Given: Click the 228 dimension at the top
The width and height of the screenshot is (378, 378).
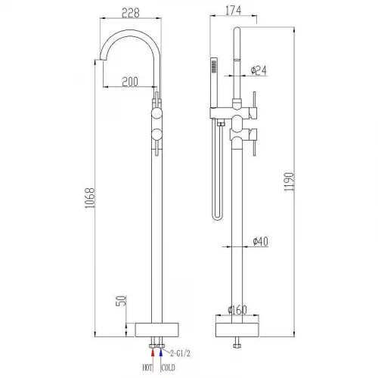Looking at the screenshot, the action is click(131, 13).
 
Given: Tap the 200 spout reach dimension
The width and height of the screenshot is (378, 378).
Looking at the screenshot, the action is click(130, 82).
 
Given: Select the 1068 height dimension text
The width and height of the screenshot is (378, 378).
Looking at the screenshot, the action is click(90, 198).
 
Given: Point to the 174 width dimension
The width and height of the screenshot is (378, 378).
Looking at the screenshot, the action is click(233, 11).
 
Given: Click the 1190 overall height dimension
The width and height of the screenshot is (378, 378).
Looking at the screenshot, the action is click(289, 181).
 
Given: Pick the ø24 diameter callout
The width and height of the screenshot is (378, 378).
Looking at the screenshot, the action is click(259, 70).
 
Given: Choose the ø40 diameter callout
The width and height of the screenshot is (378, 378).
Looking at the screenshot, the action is click(261, 241).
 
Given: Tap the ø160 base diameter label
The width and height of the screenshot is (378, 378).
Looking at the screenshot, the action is click(237, 310).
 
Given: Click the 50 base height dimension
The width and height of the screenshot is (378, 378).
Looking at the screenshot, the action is click(121, 301).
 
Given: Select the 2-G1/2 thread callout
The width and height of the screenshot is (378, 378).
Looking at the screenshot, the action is click(180, 353).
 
